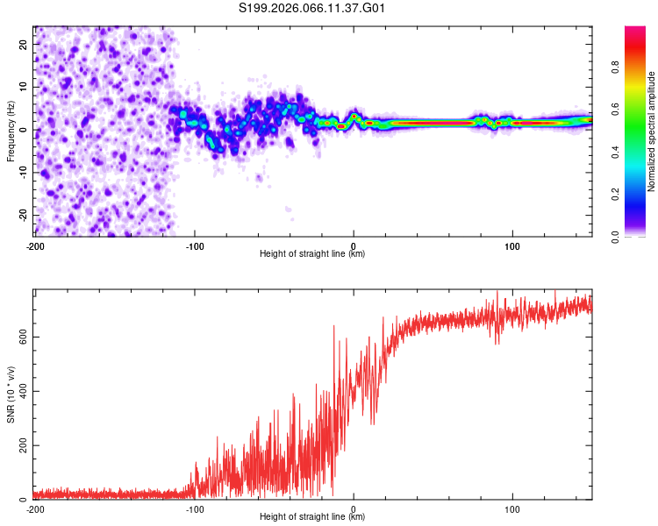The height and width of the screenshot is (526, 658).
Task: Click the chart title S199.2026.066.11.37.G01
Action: click(x=312, y=8)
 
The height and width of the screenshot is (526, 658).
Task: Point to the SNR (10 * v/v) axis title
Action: click(x=11, y=394)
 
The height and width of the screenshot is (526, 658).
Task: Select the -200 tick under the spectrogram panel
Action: click(x=35, y=246)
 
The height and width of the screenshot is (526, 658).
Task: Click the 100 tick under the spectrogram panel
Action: click(x=512, y=246)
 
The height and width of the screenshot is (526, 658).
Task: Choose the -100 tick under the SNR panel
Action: click(x=194, y=509)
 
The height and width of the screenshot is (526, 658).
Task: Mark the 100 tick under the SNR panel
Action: click(x=512, y=509)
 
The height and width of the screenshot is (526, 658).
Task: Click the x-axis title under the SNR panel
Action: click(x=312, y=517)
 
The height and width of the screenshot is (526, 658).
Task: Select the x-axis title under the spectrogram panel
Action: click(x=312, y=254)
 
